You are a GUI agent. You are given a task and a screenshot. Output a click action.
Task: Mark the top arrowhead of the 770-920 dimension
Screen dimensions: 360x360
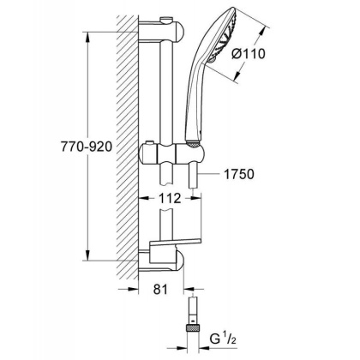click(x=87, y=37)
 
